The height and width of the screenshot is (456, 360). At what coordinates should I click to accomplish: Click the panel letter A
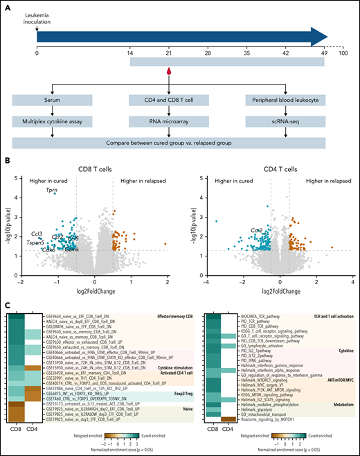(x=7, y=6)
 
